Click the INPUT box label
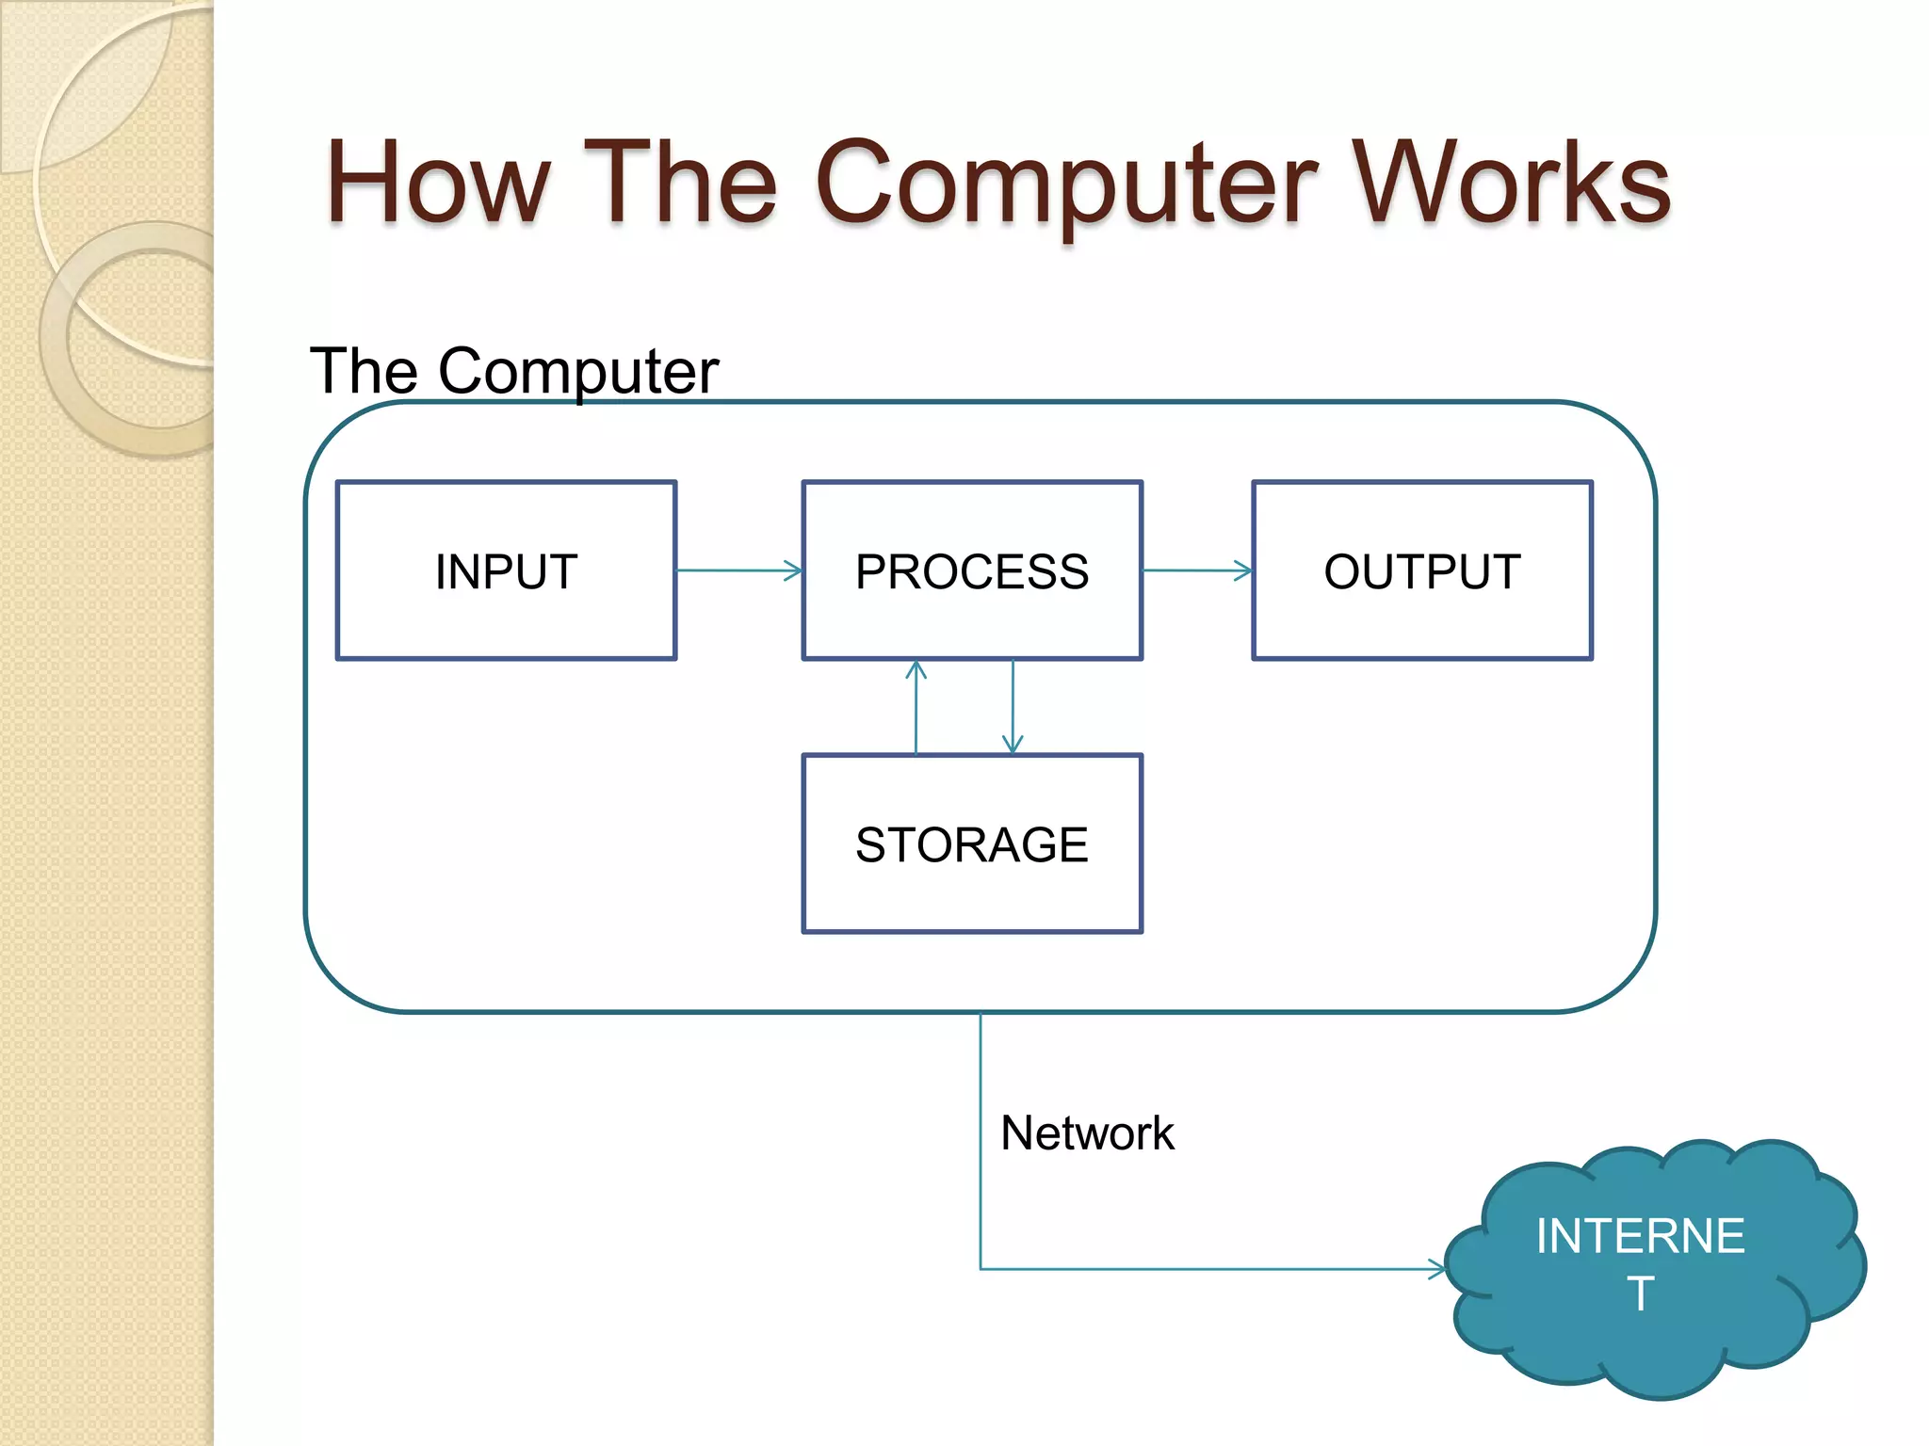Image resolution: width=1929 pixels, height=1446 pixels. pos(507,571)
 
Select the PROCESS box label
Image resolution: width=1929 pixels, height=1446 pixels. pos(972,571)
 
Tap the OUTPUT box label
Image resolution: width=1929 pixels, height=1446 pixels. pos(1422,571)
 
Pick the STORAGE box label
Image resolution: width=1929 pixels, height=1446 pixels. pos(972,844)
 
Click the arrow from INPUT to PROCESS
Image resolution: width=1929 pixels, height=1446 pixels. pos(738,570)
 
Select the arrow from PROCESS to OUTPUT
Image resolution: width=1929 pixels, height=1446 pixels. pos(1196,570)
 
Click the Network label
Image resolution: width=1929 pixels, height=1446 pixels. pos(1087,1133)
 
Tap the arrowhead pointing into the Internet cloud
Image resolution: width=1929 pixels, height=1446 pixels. pos(1436,1269)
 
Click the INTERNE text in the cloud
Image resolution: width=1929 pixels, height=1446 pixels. pos(1640,1236)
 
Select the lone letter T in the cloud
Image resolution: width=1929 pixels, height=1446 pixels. pos(1640,1293)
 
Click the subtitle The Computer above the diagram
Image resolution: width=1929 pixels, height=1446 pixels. pos(514,371)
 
